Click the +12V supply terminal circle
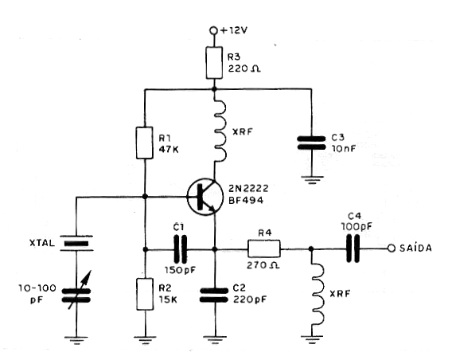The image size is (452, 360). pos(213,30)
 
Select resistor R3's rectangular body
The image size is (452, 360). pos(214,63)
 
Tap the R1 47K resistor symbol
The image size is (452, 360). pos(144,143)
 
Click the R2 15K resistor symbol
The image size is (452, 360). pos(145,294)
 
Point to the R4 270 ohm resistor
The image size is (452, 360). pos(263,248)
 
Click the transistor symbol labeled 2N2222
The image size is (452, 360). pos(205,197)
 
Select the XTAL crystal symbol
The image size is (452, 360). pos(76,243)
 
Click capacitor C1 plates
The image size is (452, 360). pos(180,249)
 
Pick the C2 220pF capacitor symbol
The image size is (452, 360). pos(214,295)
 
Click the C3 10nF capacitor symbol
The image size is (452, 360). pos(311,143)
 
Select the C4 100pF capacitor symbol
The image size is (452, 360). pos(353,248)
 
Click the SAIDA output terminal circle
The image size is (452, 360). pos(392,248)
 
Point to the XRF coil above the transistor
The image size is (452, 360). pos(219,128)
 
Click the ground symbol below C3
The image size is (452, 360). pos(311,180)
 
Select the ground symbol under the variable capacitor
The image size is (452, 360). pos(76,341)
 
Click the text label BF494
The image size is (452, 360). pos(246,200)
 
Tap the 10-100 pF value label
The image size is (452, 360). pos(37,294)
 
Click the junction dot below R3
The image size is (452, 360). pos(214,89)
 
